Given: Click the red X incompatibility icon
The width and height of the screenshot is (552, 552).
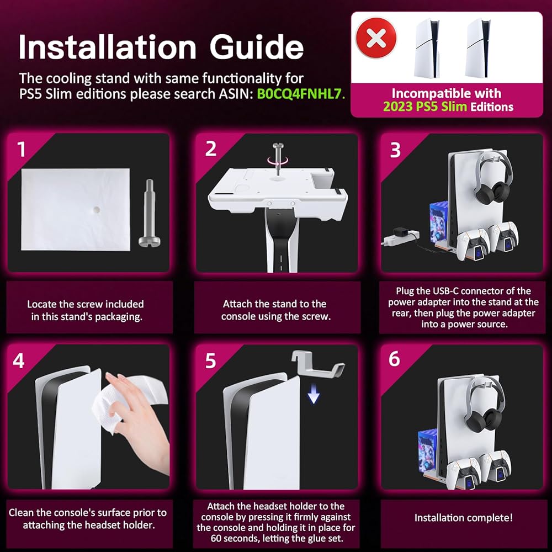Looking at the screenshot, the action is [376, 38].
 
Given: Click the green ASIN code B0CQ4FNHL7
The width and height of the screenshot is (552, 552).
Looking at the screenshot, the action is [300, 94].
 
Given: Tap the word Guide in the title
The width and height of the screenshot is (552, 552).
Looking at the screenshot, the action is [257, 47].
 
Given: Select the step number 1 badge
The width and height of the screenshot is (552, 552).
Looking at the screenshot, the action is [22, 149].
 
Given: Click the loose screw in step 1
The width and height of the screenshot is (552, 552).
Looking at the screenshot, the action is [149, 213].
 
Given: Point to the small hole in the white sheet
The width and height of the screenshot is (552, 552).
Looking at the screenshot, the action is [95, 210].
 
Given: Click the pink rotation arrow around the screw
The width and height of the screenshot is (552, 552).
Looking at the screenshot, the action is [278, 161].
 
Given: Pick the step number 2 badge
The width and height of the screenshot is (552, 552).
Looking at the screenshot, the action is [211, 149].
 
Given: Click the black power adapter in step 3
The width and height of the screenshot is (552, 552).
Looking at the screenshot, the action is [400, 233].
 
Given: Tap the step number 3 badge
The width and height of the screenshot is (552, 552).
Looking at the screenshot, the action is [395, 150].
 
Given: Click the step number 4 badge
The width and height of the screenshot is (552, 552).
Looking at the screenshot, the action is [19, 361].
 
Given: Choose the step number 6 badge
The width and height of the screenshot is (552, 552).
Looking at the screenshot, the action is [394, 359].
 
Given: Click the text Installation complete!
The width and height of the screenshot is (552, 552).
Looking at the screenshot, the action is [463, 518].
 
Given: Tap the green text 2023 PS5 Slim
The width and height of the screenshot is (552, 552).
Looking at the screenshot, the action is [425, 107].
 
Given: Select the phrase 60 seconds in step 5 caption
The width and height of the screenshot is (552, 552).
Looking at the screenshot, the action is [237, 539].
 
